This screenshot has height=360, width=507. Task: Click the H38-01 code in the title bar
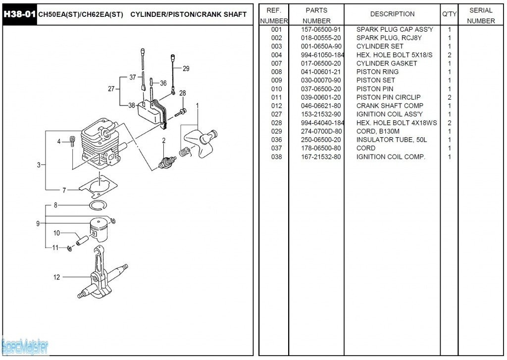(x=19, y=14)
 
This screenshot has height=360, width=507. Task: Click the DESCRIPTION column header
(x=392, y=14)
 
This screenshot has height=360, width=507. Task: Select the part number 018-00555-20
(x=321, y=38)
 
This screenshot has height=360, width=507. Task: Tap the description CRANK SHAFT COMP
(x=390, y=105)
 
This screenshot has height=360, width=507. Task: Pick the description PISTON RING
(x=377, y=72)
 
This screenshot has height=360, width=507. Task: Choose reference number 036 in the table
(x=276, y=140)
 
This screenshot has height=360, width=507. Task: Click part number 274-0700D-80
(x=321, y=131)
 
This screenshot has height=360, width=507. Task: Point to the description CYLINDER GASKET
(x=387, y=63)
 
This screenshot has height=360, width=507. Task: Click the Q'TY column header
(x=449, y=14)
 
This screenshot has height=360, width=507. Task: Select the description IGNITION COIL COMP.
(x=391, y=157)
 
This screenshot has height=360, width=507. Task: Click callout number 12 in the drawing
(x=56, y=277)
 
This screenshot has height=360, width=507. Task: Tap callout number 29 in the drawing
(x=186, y=69)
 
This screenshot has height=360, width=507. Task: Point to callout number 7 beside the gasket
(x=64, y=190)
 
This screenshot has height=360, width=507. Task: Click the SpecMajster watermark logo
(x=24, y=346)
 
